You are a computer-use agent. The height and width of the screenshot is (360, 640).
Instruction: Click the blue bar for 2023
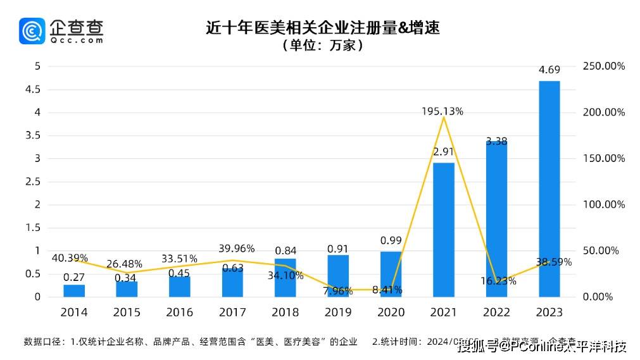(x=549, y=190)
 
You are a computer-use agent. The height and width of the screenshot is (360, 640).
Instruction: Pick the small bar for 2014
(x=74, y=290)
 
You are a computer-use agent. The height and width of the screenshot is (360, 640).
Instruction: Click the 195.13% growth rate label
(x=442, y=111)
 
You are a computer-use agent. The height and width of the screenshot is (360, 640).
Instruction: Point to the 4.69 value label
(x=549, y=71)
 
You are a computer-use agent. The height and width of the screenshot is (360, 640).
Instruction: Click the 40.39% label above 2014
(x=70, y=258)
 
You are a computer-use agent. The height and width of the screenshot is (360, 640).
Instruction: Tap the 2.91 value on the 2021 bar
(x=443, y=152)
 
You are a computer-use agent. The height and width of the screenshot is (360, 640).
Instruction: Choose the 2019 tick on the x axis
(x=337, y=313)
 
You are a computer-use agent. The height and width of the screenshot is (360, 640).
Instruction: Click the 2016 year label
(x=179, y=313)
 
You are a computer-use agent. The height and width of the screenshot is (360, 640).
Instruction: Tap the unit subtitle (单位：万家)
(x=323, y=46)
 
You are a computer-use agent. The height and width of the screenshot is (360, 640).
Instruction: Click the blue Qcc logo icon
(x=32, y=30)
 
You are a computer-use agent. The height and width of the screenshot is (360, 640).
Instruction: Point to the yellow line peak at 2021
(x=443, y=118)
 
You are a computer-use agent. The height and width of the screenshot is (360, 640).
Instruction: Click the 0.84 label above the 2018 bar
(x=285, y=251)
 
